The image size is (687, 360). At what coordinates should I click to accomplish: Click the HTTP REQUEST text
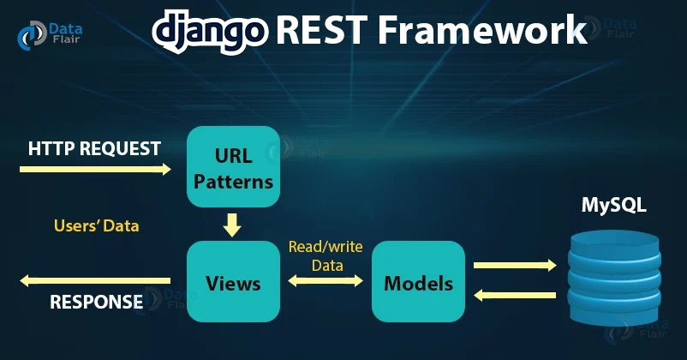94,148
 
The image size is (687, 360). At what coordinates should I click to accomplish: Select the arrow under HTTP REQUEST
94,170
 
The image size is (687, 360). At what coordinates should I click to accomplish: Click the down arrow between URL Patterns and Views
232,225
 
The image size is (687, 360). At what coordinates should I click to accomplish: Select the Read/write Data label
326,255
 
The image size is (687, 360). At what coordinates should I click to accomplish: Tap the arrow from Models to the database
514,266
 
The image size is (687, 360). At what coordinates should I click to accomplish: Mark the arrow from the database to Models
514,296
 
